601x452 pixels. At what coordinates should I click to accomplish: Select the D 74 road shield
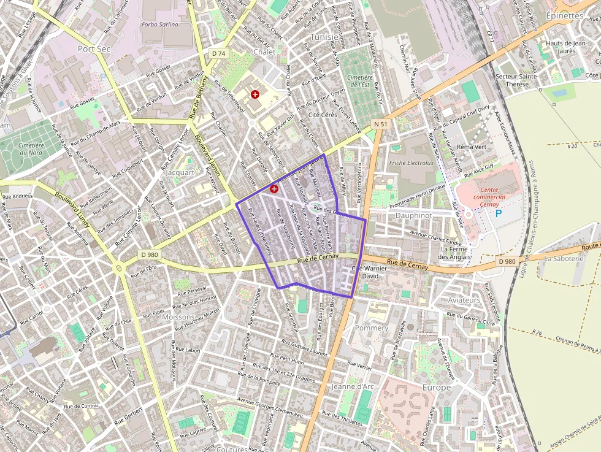click(218, 54)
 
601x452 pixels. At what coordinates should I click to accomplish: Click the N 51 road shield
click(381, 124)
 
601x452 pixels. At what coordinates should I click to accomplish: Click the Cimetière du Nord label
click(29, 149)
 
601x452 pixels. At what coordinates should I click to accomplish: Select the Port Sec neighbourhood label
click(94, 48)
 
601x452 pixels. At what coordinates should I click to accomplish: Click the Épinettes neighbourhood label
click(564, 16)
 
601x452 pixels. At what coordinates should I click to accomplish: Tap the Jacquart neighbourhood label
click(180, 173)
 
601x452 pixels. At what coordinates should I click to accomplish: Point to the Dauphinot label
click(413, 216)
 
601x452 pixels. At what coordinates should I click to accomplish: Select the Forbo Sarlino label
click(159, 25)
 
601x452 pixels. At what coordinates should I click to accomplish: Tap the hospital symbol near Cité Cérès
click(255, 94)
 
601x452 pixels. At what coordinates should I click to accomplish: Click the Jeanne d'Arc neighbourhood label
click(352, 387)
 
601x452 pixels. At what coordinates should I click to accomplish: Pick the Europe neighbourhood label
click(436, 388)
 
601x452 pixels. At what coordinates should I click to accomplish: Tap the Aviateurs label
click(464, 300)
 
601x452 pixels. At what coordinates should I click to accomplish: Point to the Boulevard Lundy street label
click(72, 212)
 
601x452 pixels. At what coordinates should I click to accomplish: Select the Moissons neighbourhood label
click(178, 317)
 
